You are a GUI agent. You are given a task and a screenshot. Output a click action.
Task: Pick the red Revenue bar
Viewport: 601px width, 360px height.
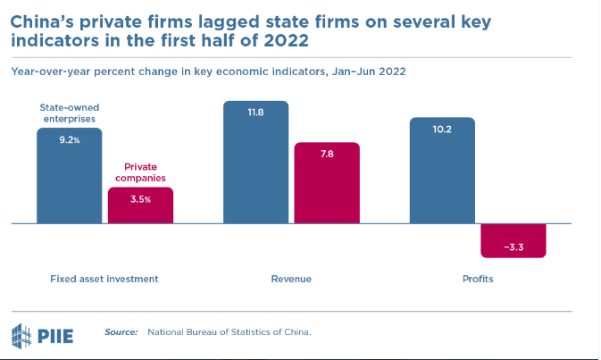327,183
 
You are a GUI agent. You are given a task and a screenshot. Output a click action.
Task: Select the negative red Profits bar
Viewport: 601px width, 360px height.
513,240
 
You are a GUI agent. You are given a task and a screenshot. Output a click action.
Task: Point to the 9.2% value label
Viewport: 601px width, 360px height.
70,140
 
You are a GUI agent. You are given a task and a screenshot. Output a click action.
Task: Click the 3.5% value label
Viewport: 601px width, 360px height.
140,199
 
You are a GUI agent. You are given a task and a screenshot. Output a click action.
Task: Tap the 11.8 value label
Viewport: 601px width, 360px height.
255,112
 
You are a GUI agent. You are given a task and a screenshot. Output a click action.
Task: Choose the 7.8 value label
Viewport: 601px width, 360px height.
327,154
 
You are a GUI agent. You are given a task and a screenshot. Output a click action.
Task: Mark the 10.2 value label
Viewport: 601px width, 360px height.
442,129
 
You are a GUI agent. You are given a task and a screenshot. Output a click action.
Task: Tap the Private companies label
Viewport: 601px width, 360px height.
140,172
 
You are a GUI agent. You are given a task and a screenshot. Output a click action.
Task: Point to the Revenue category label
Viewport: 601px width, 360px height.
291,279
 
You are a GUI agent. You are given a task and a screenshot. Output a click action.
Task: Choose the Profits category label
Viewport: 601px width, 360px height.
478,279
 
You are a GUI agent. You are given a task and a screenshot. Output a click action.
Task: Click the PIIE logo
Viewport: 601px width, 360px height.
42,334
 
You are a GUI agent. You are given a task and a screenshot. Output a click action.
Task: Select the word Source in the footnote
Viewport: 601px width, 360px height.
121,332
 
